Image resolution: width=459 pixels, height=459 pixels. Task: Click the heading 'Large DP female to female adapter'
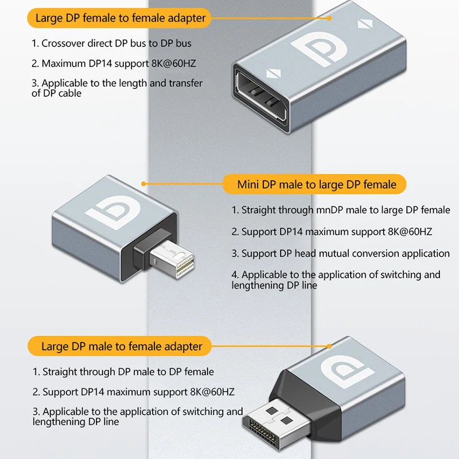click(120, 18)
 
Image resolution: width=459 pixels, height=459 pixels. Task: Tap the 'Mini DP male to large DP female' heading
click(317, 185)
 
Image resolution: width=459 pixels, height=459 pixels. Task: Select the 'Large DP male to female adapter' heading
click(122, 347)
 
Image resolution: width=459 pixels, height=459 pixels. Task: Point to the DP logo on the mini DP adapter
click(112, 211)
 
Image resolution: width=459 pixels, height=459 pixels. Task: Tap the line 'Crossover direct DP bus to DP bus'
click(111, 44)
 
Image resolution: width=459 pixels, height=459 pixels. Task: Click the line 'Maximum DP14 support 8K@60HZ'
click(114, 64)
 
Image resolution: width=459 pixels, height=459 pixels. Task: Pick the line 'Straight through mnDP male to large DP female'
click(341, 210)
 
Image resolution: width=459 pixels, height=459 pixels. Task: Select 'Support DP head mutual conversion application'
click(340, 253)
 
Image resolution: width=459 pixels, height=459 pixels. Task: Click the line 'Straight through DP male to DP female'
click(123, 372)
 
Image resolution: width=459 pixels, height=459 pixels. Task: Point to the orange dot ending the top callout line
click(329, 18)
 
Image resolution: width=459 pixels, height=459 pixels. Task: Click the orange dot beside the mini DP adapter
click(143, 184)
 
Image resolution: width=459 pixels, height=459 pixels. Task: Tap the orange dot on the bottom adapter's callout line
click(329, 347)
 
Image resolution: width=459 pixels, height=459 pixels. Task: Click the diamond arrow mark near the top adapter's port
click(274, 73)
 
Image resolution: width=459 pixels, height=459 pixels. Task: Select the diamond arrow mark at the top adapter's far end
click(365, 24)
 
